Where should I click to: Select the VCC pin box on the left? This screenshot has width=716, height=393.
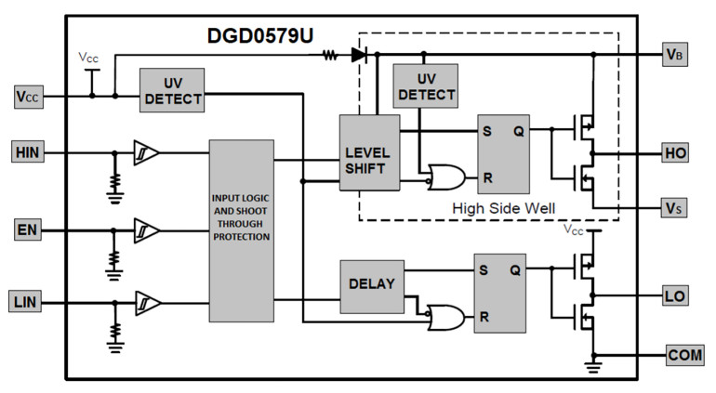28,96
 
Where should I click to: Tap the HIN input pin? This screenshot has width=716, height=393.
28,151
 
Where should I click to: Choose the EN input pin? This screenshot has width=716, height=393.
28,228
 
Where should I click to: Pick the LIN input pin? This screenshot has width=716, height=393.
28,303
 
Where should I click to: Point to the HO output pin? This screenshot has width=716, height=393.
676,151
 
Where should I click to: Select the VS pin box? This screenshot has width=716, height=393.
676,207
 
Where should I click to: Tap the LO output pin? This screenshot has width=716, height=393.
676,295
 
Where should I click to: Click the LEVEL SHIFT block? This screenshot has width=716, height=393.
369,152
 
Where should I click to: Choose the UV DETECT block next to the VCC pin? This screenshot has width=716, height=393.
172,90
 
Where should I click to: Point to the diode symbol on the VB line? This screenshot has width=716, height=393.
359,54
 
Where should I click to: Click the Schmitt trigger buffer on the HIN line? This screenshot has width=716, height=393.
146,151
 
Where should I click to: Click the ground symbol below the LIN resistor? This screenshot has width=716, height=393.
115,347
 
